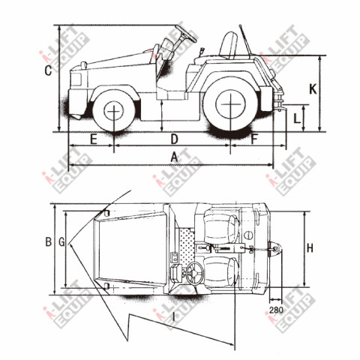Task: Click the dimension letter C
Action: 48,70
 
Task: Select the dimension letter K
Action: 313,88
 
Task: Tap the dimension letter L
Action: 297,118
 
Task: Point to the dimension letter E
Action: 94,139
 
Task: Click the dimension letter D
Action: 174,139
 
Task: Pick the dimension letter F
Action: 254,139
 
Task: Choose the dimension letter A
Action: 174,157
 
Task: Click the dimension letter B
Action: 48,242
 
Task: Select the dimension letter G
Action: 61,242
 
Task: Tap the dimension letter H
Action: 310,248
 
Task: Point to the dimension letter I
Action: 174,317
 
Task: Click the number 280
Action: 276,310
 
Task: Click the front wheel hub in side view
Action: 114,111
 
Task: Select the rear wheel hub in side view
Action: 230,103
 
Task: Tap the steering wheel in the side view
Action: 186,34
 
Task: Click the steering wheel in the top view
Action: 195,273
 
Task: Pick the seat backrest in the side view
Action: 229,45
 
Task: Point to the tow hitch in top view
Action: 275,249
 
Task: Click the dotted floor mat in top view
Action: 187,245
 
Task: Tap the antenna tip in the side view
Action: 240,25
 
